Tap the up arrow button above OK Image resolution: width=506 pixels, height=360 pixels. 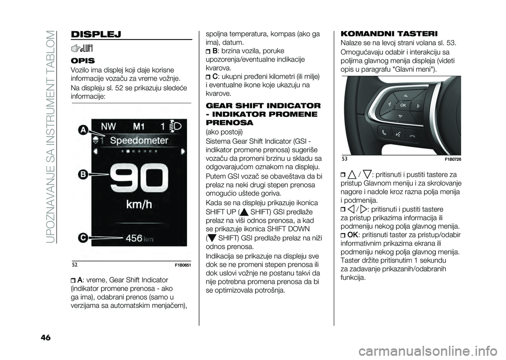tap(403, 95)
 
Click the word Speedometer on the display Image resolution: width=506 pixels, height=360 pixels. tap(139, 140)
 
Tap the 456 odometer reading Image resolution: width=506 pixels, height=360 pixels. tap(134, 238)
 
